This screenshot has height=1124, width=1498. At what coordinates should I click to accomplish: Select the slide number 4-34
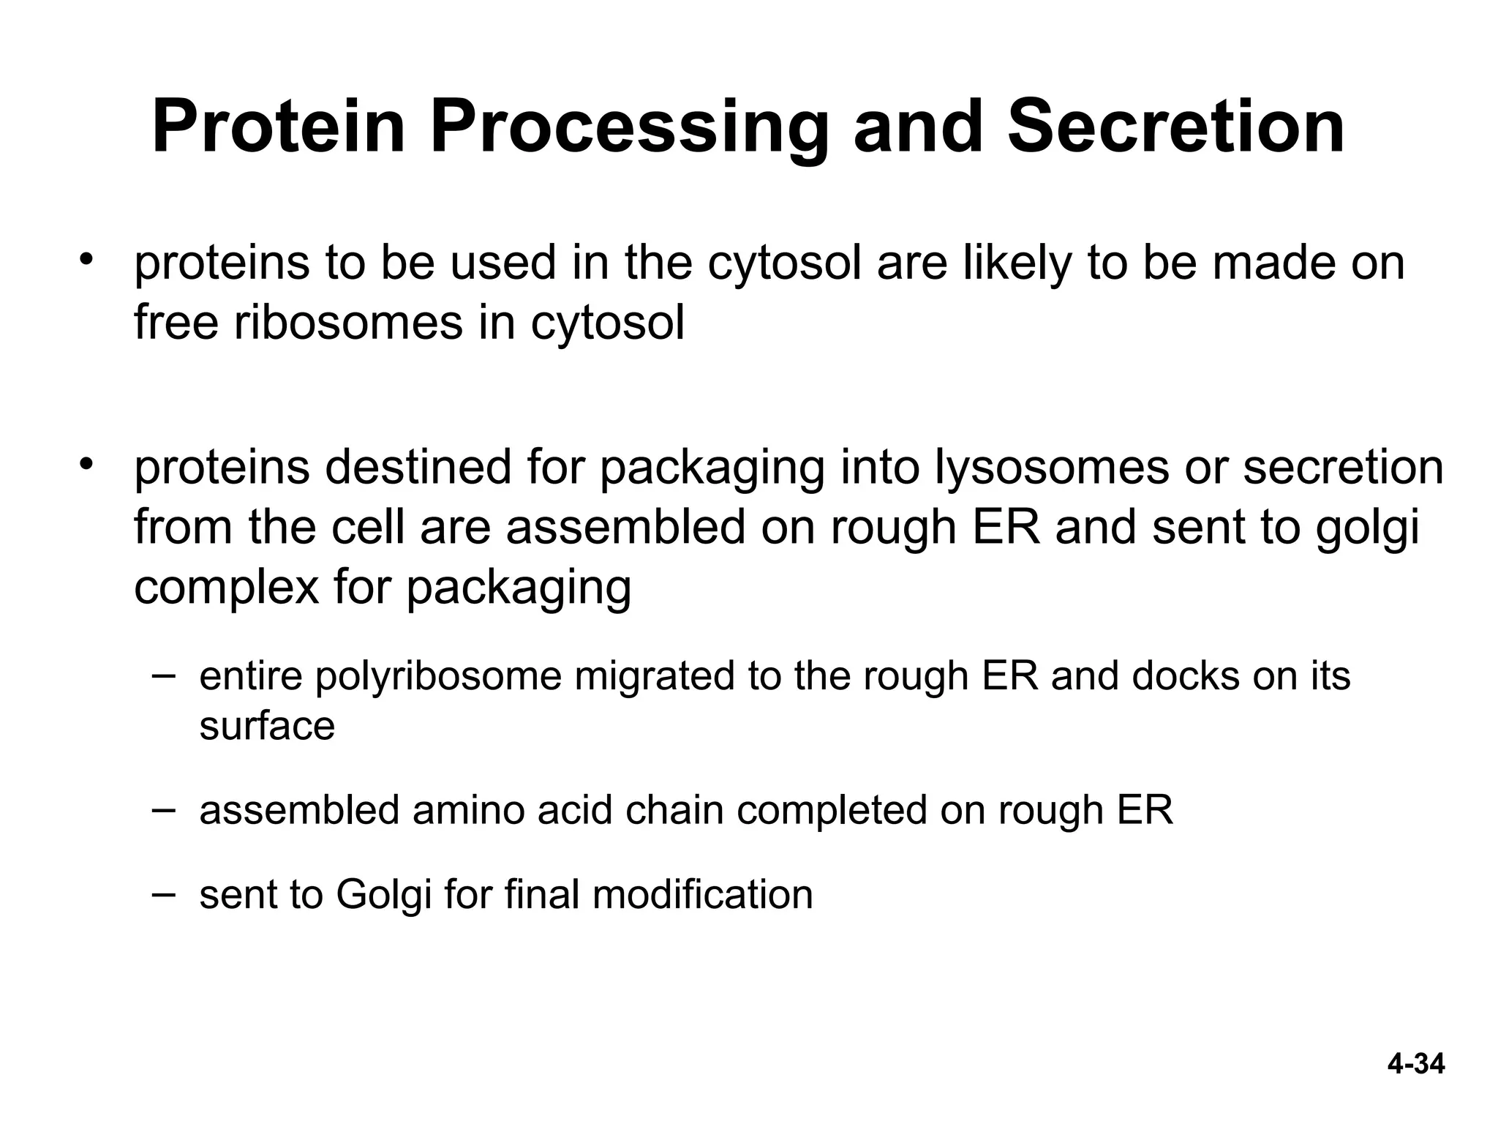coord(1416,1064)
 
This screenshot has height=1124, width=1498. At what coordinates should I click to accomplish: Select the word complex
coord(226,586)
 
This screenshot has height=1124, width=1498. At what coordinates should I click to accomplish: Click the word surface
coord(267,726)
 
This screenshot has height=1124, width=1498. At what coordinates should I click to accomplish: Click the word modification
coord(702,894)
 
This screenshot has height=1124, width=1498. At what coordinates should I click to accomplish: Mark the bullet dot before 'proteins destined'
coord(89,465)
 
